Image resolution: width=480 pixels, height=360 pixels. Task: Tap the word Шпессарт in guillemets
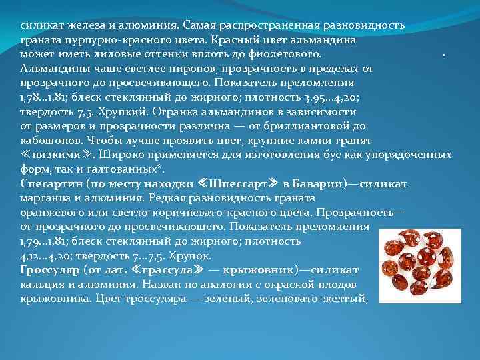[x=237, y=183]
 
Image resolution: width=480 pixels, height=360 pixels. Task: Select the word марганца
[x=45, y=198]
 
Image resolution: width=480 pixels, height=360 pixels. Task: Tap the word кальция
[x=41, y=285]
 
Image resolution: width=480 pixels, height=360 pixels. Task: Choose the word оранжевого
[x=51, y=213]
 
